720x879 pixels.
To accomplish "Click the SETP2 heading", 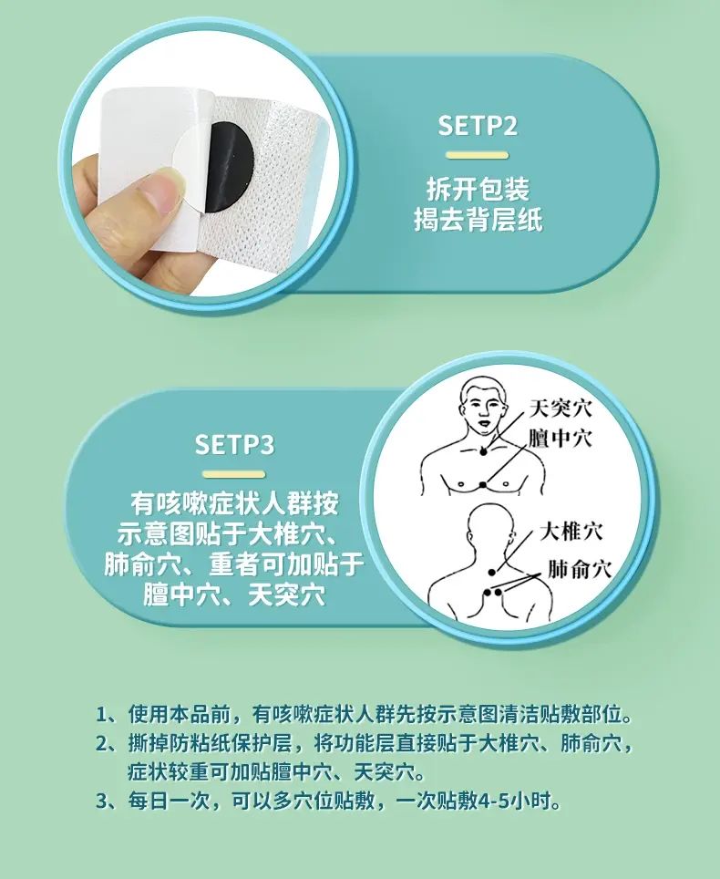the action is [478, 126].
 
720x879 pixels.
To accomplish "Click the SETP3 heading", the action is [235, 445].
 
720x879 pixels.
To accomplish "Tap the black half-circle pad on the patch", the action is [231, 167].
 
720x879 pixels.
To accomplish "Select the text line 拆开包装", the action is [478, 189].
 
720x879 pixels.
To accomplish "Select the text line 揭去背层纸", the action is [478, 219].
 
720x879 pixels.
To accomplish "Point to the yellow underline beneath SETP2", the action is [478, 155].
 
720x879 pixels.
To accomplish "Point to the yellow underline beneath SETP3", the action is [234, 474].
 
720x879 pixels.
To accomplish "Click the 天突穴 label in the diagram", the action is [561, 408].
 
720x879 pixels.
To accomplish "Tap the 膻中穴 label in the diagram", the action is [561, 439].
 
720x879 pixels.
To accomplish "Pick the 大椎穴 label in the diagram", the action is [571, 532].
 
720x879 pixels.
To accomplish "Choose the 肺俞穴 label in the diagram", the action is [579, 569].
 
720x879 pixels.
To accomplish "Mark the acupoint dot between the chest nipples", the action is [484, 485].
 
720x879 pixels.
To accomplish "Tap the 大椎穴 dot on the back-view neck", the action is [492, 573].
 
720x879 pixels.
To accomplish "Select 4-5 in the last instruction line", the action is [496, 801].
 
